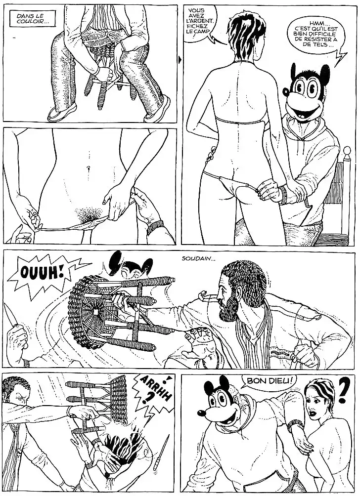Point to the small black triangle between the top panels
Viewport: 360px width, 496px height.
point(180,59)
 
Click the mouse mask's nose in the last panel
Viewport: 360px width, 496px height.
point(201,413)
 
